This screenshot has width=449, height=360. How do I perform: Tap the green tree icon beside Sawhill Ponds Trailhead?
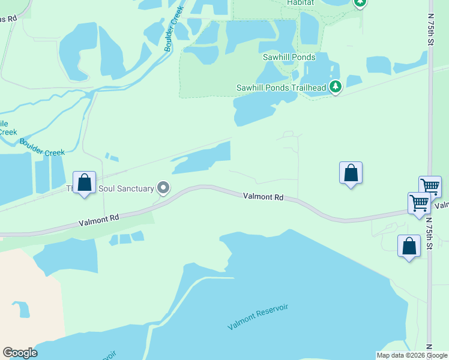[x=336, y=88]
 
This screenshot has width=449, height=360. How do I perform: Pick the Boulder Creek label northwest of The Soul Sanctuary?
[x=42, y=148]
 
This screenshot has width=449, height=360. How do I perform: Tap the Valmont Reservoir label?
[x=258, y=317]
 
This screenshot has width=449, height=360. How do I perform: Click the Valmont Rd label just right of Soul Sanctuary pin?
[x=263, y=196]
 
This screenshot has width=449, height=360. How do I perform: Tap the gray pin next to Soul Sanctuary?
[x=163, y=188]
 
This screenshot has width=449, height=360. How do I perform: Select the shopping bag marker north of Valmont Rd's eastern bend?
[x=351, y=173]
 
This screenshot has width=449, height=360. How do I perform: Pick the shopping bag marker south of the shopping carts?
[x=409, y=246]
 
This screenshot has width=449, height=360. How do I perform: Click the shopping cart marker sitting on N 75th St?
[x=430, y=187]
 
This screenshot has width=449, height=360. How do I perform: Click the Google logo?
[x=20, y=353]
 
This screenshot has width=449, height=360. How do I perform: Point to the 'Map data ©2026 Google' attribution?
[x=412, y=355]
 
